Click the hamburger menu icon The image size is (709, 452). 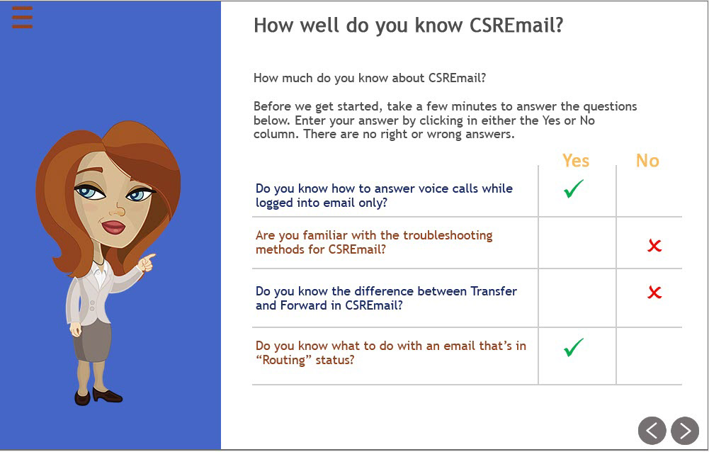click(x=22, y=18)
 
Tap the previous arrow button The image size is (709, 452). click(x=652, y=430)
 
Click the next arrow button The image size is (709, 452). click(x=685, y=430)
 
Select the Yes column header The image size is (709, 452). click(x=576, y=161)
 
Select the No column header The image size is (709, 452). click(x=647, y=161)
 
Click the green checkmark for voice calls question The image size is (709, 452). click(x=573, y=188)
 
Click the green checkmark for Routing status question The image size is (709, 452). click(x=573, y=347)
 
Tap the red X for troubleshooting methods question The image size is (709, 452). click(x=654, y=246)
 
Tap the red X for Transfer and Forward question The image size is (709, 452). click(x=654, y=293)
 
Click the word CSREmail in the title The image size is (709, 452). click(x=516, y=26)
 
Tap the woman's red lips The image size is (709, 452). click(x=113, y=226)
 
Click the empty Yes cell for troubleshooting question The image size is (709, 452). click(x=577, y=243)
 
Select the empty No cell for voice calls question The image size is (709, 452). click(x=650, y=191)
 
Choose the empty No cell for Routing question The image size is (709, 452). click(x=650, y=356)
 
